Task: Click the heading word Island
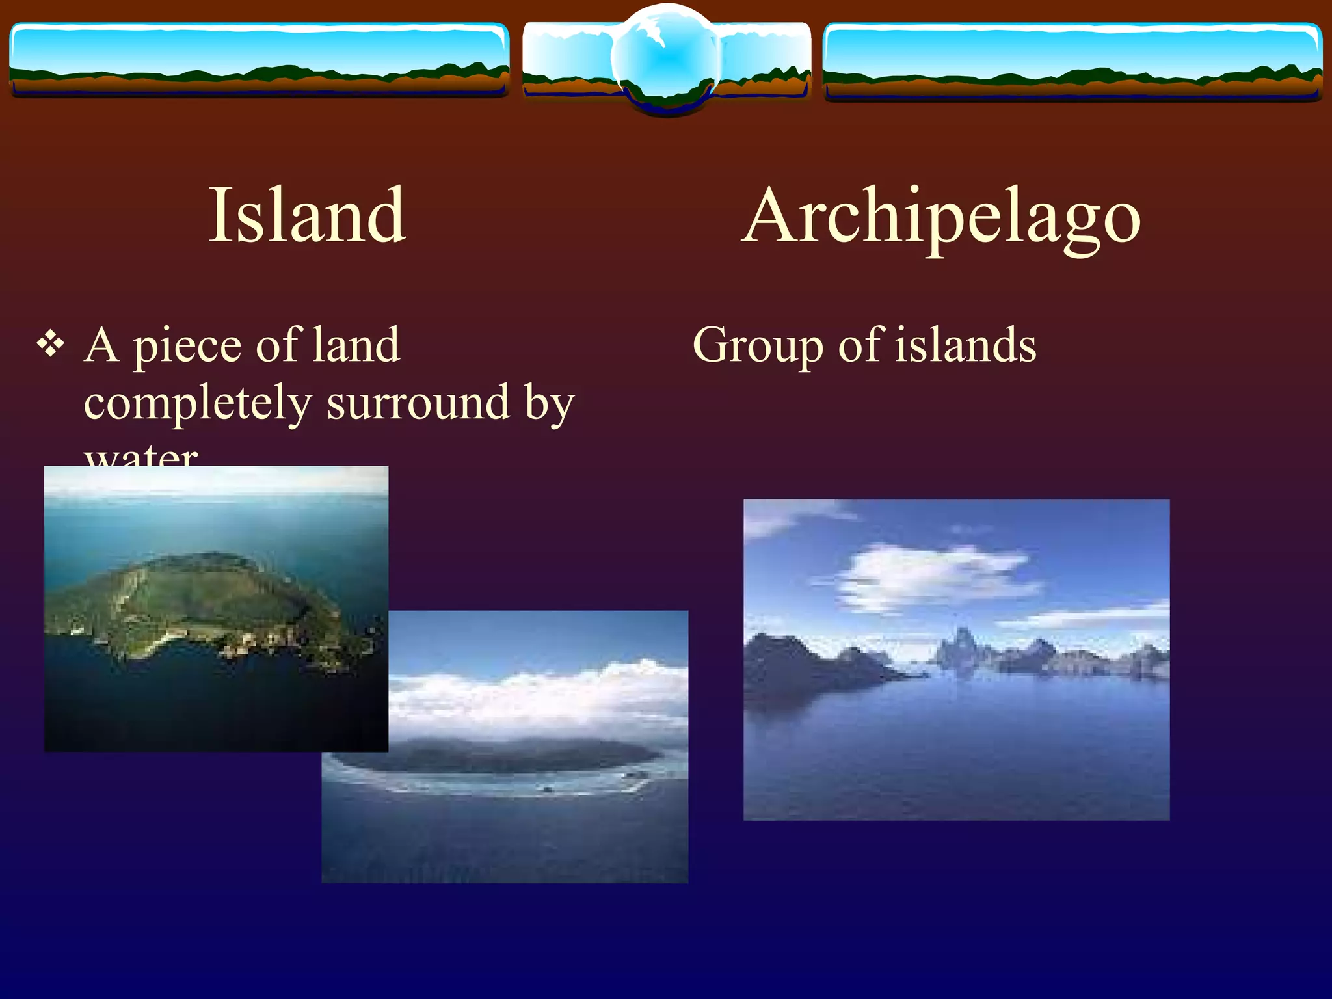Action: point(308,215)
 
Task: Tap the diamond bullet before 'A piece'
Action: point(51,345)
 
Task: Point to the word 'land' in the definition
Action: point(356,345)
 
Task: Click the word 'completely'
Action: point(198,403)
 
